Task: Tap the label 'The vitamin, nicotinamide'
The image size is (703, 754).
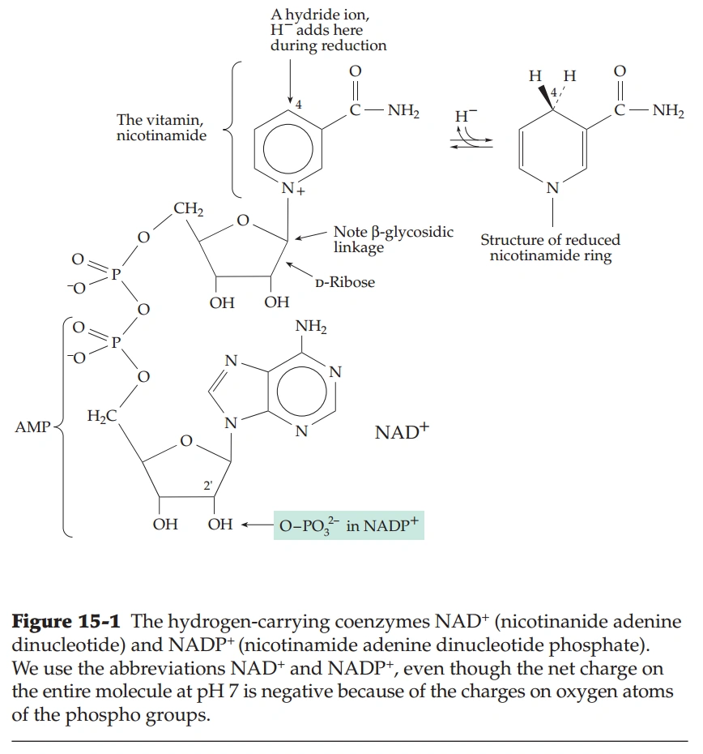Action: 161,127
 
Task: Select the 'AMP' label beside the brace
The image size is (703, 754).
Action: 32,426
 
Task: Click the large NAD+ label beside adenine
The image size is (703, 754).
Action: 401,432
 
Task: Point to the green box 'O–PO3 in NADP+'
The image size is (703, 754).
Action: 348,525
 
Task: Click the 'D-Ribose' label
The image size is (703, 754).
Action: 345,283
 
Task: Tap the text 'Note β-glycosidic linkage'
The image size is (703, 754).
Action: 393,239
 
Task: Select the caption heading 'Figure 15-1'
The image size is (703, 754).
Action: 66,623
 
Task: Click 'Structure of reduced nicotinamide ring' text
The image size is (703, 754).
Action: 550,247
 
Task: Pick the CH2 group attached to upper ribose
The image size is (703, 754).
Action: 188,210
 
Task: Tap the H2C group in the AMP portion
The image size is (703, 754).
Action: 101,416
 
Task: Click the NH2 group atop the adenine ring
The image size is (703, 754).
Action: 311,328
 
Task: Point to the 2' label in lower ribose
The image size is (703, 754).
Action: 207,486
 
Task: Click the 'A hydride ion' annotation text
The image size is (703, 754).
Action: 328,30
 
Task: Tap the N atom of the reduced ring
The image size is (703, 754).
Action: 552,188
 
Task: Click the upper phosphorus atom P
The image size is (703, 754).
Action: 115,274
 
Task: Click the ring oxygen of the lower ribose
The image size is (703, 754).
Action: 185,442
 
